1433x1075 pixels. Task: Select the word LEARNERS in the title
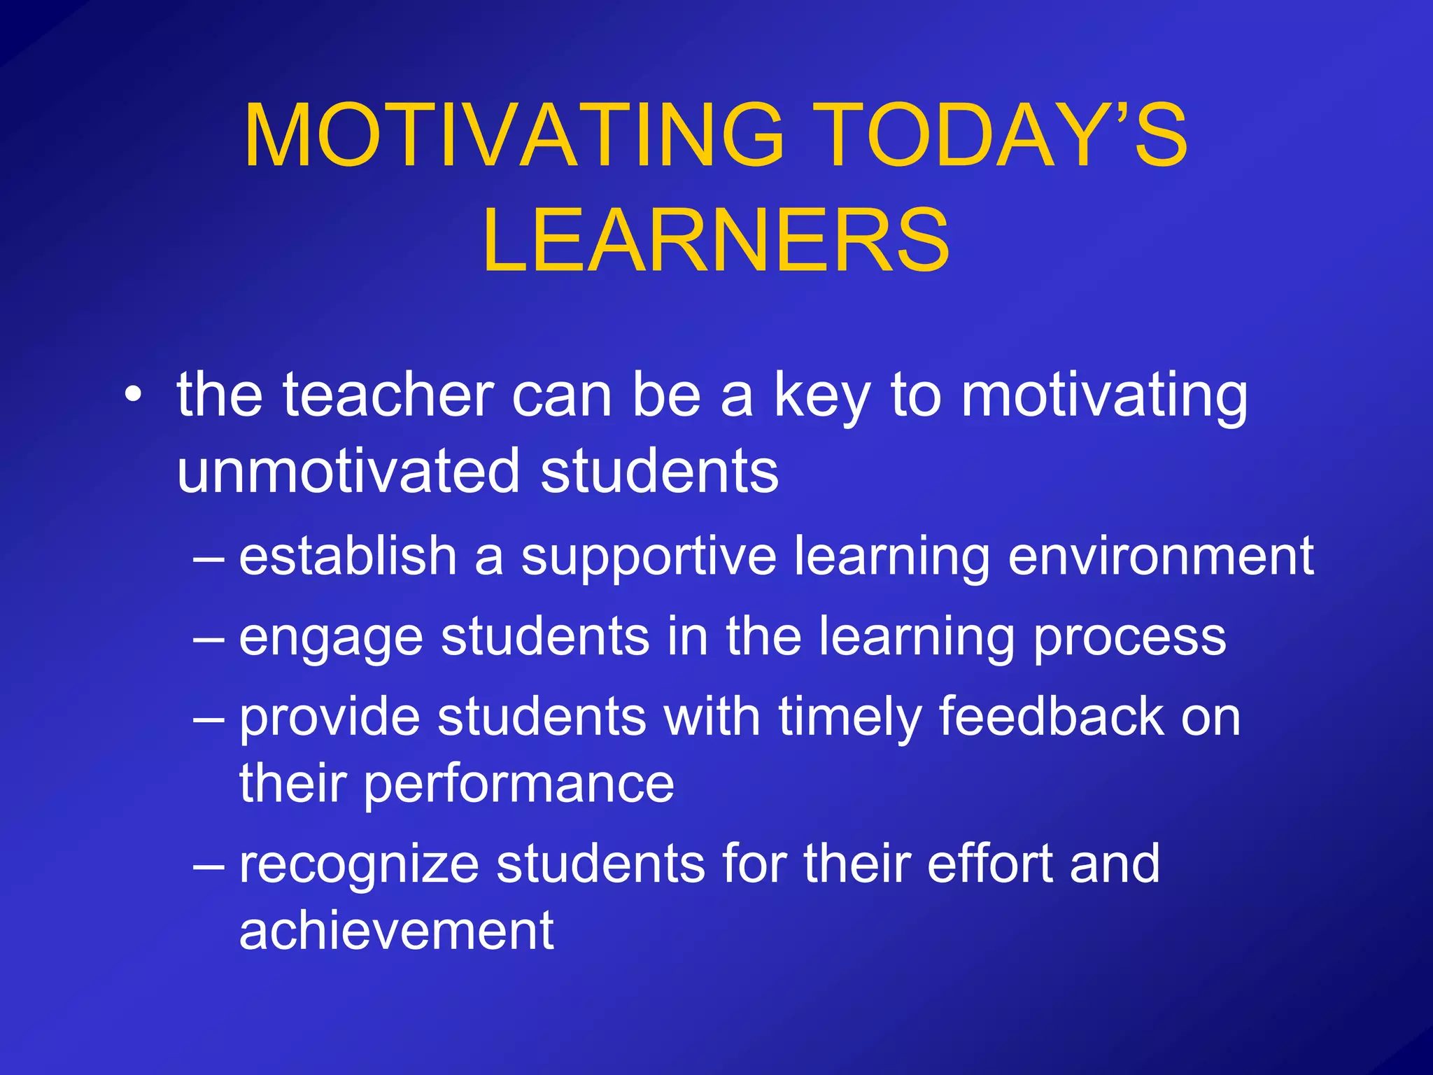pos(716,240)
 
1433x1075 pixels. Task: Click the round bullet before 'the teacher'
pos(132,396)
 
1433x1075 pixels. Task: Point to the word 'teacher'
pos(388,396)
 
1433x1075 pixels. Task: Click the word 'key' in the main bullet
pos(821,398)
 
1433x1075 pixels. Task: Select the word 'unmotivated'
pos(348,471)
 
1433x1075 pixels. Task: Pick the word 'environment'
pos(1161,556)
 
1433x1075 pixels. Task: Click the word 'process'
pos(1129,638)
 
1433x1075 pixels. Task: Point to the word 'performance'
pos(518,785)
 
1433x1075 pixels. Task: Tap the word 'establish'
pos(348,556)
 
